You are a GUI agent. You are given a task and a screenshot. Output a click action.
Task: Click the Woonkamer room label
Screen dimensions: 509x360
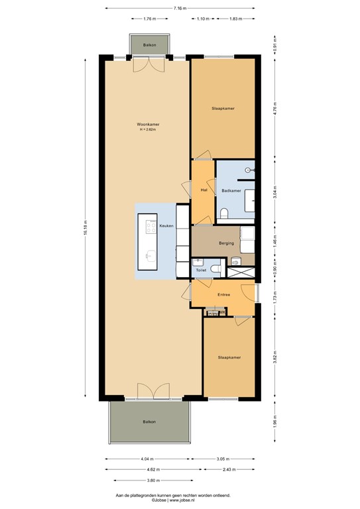pyautogui.click(x=148, y=124)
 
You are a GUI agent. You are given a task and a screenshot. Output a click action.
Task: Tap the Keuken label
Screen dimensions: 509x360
pyautogui.click(x=166, y=226)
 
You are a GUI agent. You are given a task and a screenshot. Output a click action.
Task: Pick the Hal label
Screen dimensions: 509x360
pyautogui.click(x=204, y=190)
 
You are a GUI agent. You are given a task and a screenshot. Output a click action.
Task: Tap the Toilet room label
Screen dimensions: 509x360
pyautogui.click(x=201, y=270)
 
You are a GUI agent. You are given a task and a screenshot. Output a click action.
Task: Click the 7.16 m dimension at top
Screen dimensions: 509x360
pyautogui.click(x=180, y=8)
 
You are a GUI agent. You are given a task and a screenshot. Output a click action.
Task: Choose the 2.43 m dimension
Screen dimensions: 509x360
pyautogui.click(x=229, y=469)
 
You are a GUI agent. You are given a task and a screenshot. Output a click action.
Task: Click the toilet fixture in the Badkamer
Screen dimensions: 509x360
pyautogui.click(x=223, y=213)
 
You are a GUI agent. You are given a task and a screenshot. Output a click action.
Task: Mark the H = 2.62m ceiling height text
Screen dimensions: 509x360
pyautogui.click(x=148, y=130)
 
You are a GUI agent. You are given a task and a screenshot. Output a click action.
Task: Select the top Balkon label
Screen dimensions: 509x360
pyautogui.click(x=150, y=44)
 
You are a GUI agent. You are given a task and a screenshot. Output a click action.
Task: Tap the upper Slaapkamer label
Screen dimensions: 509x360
pyautogui.click(x=223, y=108)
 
